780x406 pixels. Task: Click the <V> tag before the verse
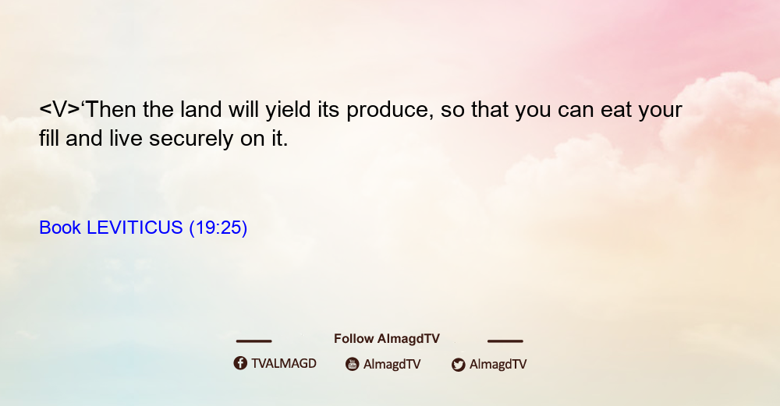tap(59, 109)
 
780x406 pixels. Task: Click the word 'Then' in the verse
tap(111, 109)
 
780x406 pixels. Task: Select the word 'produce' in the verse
tap(387, 111)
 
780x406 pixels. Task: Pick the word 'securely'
tap(191, 139)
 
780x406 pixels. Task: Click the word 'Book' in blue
tap(60, 228)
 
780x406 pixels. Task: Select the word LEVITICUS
tap(135, 228)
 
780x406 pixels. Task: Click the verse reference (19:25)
tap(218, 228)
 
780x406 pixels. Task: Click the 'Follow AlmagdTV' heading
tap(387, 339)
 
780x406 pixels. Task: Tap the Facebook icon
tap(240, 363)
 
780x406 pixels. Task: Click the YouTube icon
tap(353, 364)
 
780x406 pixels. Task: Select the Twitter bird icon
tap(458, 365)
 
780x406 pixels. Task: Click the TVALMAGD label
tap(284, 364)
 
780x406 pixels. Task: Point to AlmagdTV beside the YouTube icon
tap(392, 365)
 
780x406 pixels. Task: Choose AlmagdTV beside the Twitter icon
tap(498, 365)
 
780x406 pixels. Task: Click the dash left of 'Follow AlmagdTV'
tap(253, 341)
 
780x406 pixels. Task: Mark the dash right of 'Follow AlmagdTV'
tap(505, 341)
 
